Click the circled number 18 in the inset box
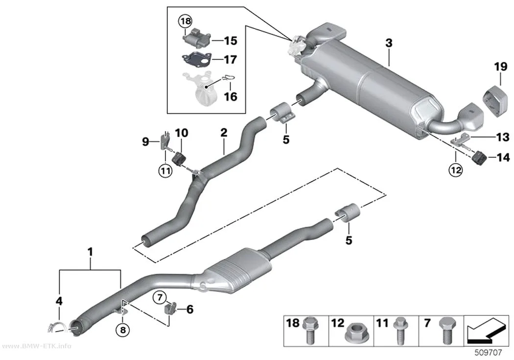[x=185, y=22]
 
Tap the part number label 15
[x=231, y=41]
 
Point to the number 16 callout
[x=231, y=96]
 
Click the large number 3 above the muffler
[x=389, y=43]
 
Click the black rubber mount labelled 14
[x=479, y=158]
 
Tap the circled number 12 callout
[x=456, y=170]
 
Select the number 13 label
[x=503, y=137]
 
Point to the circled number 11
[x=165, y=170]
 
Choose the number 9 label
[x=145, y=142]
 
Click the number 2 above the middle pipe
[x=224, y=133]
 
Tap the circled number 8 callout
[x=122, y=330]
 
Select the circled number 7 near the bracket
[x=160, y=298]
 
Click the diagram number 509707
[x=488, y=353]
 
